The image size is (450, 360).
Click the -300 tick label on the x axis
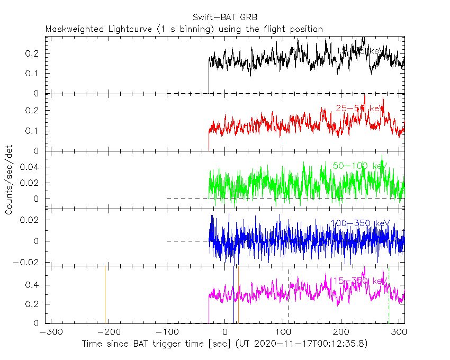click(x=49, y=332)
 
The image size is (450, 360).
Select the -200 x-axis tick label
click(x=108, y=332)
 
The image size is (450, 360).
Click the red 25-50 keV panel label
click(x=359, y=108)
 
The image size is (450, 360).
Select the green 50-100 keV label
click(x=359, y=166)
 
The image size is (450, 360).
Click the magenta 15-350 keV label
click(x=359, y=281)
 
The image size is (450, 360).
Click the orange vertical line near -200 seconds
click(x=105, y=294)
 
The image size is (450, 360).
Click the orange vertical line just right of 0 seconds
click(x=238, y=294)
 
